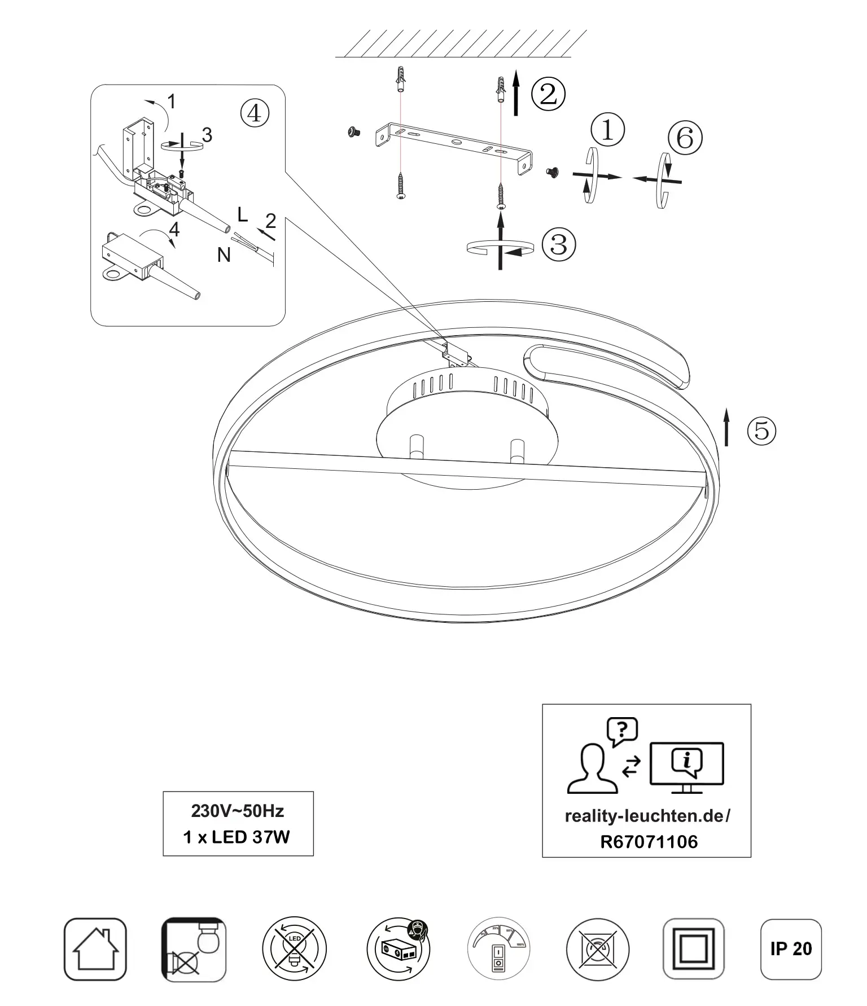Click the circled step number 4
[255, 113]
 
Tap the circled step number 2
[548, 93]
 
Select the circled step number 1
[607, 129]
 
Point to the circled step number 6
[685, 138]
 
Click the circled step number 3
[558, 244]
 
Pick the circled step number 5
[762, 430]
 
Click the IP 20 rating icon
[791, 948]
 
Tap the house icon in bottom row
[95, 949]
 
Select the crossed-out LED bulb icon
[294, 949]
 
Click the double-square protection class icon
[693, 949]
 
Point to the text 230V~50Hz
[238, 811]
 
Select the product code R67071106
[649, 842]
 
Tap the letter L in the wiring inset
[243, 214]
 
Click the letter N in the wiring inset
[224, 256]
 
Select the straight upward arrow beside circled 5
[726, 429]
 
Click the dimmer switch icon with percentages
[498, 949]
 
